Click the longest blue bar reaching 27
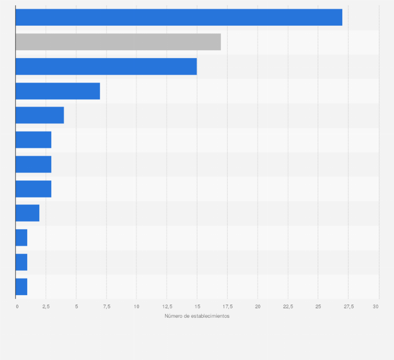(179, 17)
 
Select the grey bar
(118, 42)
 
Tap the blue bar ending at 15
(106, 66)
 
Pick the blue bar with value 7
(57, 91)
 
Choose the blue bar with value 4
(40, 115)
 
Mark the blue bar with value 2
(27, 213)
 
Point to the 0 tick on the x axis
(17, 306)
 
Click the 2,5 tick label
(46, 306)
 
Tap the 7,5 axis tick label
(106, 306)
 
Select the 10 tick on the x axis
(136, 306)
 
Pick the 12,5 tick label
(167, 306)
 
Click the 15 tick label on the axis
(197, 306)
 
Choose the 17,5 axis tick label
(227, 306)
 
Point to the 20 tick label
(258, 306)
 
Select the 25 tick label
(318, 306)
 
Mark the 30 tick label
(376, 306)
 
